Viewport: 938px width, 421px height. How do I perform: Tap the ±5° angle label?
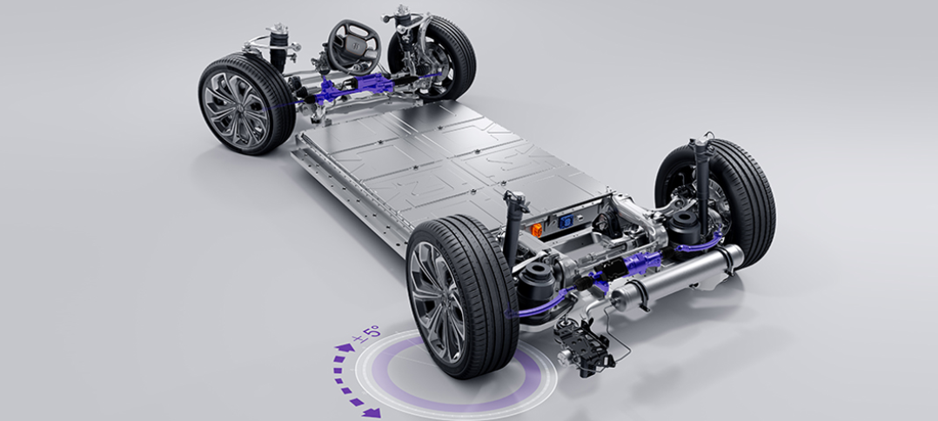pos(366,334)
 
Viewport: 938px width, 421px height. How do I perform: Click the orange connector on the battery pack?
pos(537,231)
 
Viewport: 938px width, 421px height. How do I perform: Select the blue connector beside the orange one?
pos(565,222)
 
